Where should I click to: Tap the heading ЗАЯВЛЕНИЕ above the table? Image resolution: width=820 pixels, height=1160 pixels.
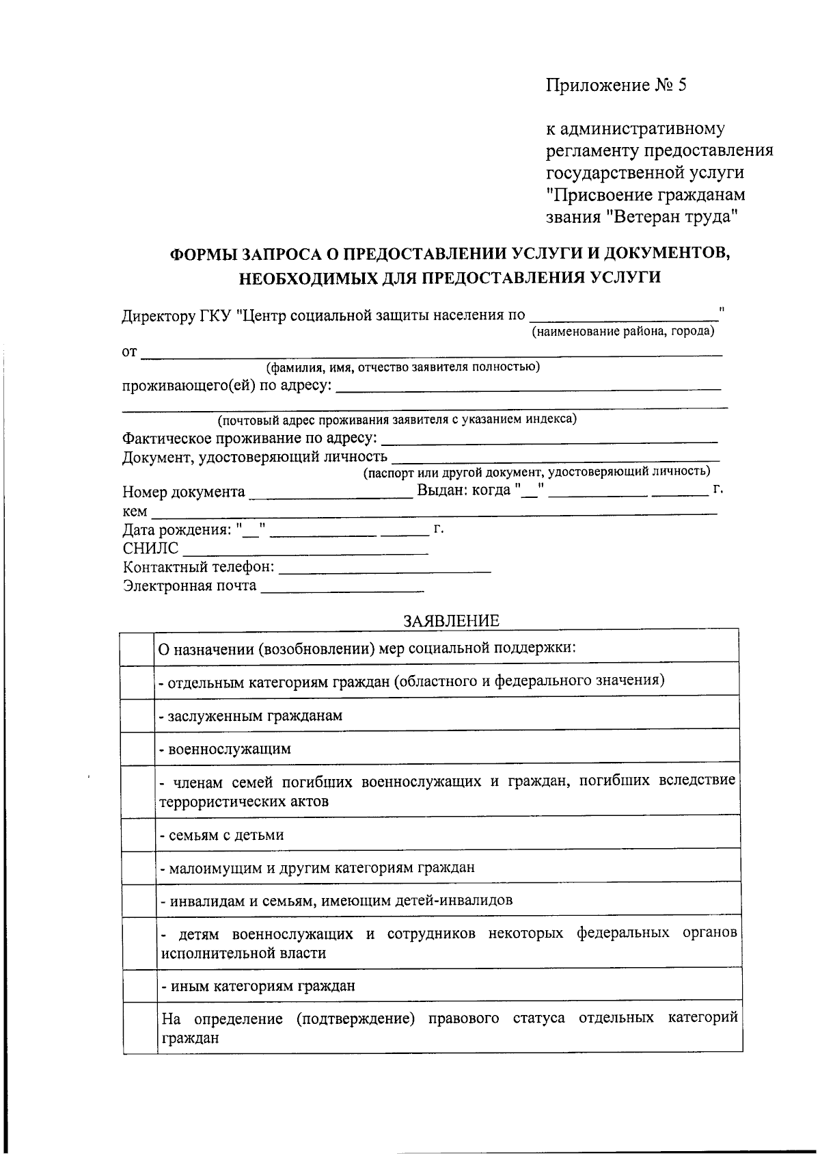click(451, 620)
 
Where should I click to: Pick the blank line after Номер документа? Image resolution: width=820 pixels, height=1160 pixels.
click(331, 493)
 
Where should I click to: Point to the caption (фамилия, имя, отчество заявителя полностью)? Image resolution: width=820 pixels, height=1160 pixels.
click(403, 367)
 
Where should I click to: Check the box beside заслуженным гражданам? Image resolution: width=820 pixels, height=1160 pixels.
click(138, 715)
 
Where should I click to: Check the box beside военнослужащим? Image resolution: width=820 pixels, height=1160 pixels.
click(138, 748)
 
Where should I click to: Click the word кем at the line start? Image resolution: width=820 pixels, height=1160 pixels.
click(134, 512)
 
